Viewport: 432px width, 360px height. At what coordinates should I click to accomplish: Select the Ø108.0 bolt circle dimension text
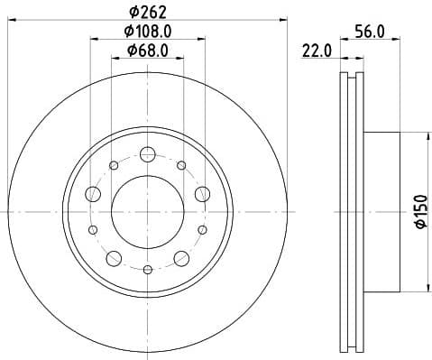click(149, 32)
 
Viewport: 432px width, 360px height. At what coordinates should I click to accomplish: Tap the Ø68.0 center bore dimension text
click(149, 51)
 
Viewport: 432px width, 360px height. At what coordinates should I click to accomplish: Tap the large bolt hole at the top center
click(147, 153)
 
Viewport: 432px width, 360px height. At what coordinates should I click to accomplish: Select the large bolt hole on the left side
click(93, 193)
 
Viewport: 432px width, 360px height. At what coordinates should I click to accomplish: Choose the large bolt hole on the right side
click(202, 193)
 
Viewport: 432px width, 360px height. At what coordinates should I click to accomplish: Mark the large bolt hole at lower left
click(114, 259)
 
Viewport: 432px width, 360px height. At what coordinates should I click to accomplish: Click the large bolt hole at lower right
click(181, 259)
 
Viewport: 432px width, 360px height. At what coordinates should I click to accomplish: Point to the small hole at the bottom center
click(147, 268)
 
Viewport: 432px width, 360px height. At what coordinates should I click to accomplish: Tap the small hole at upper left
click(114, 165)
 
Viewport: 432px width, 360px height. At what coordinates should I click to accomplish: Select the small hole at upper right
click(181, 165)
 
